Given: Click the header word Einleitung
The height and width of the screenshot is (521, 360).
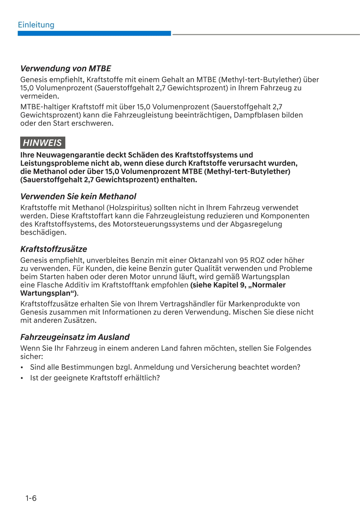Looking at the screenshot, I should (36, 25).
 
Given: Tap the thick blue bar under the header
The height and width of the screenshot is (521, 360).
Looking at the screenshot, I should (94, 33).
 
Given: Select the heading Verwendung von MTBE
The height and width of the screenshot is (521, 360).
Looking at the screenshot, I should (66, 68).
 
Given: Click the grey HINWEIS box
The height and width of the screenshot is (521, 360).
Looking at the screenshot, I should (42, 143).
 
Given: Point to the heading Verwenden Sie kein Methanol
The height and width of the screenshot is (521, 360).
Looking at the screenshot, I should (78, 197).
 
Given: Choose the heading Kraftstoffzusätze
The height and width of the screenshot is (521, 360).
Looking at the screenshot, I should (54, 249).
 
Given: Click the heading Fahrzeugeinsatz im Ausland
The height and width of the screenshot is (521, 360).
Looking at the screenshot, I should (75, 337).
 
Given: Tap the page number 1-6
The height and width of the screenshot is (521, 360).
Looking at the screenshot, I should (31, 498).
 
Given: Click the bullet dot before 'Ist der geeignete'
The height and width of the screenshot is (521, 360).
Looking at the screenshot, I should (22, 378).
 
